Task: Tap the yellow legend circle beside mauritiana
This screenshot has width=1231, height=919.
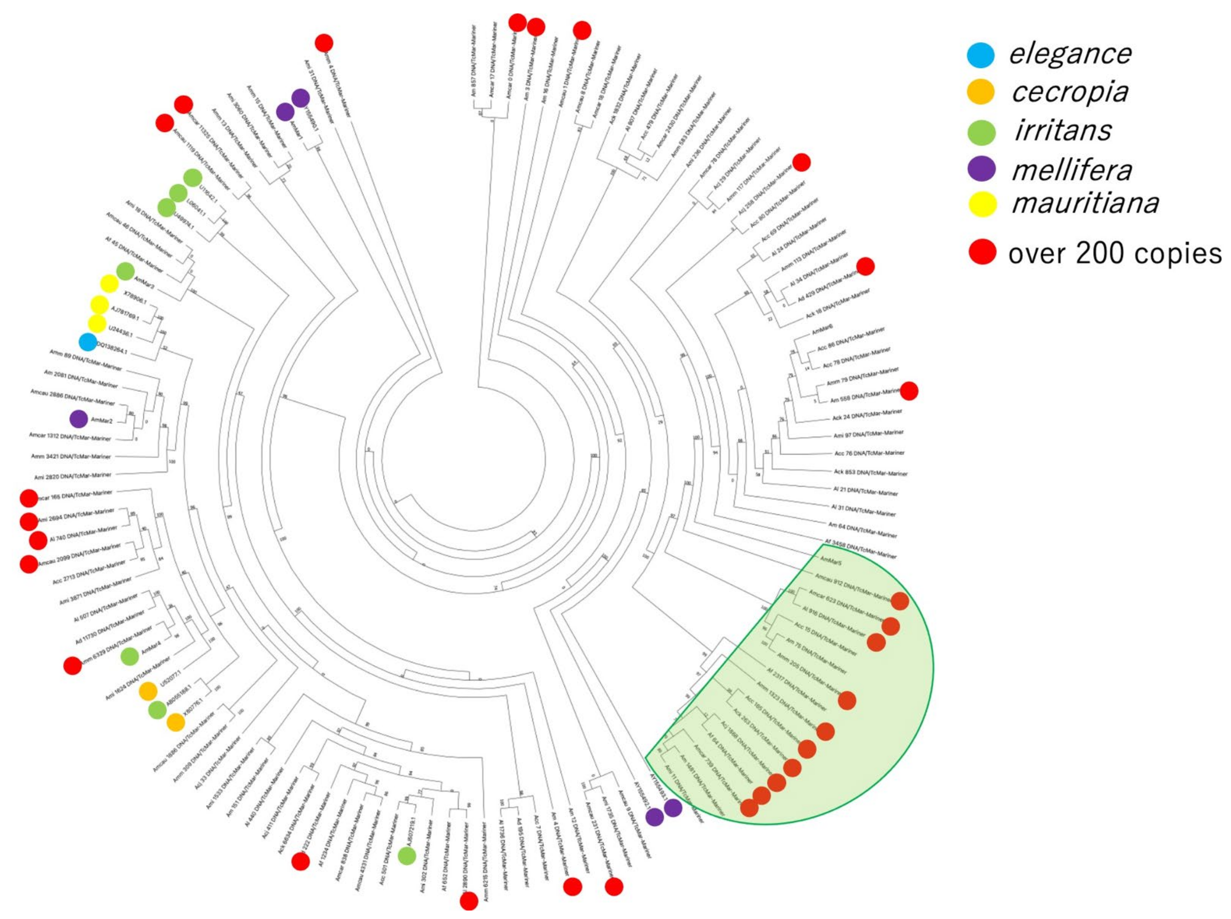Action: click(x=982, y=204)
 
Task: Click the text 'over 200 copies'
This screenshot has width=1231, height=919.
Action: click(x=1115, y=254)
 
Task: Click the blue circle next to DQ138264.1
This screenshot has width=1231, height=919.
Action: click(x=88, y=342)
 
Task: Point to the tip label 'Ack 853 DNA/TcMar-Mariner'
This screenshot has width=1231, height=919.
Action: click(x=870, y=472)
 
